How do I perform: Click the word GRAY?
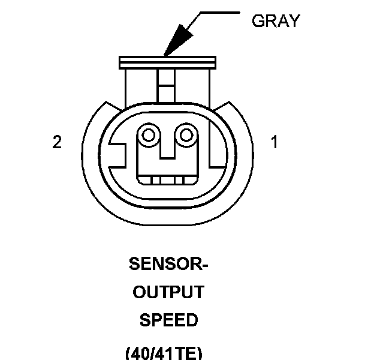pos(276,21)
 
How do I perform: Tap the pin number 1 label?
pos(274,143)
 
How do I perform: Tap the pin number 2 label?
pos(57,143)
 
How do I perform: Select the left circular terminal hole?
pos(146,134)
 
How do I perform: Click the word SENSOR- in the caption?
pos(168,264)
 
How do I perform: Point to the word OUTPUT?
pos(168,292)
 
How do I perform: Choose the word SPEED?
pos(168,320)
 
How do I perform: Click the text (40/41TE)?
pos(168,353)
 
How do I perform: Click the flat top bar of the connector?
pos(167,62)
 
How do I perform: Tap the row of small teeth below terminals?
pos(167,179)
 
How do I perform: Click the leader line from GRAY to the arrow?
pos(216,12)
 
